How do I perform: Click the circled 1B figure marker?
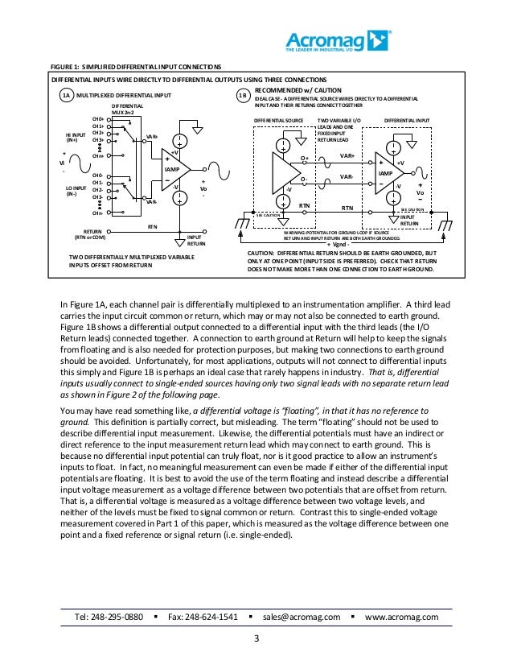pyautogui.click(x=244, y=97)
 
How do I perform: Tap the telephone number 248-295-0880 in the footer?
pyautogui.click(x=109, y=617)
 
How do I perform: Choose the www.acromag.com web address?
pyautogui.click(x=402, y=617)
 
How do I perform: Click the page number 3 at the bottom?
pyautogui.click(x=256, y=639)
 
